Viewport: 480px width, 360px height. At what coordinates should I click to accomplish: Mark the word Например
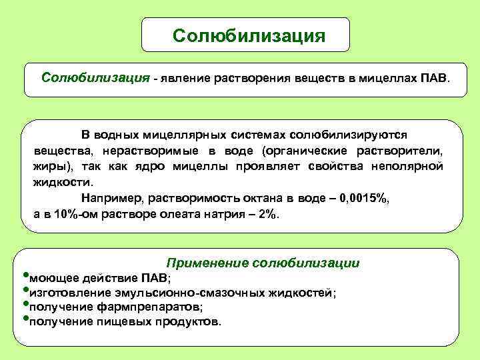tap(112, 198)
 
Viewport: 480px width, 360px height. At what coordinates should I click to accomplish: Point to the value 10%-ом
tap(77, 214)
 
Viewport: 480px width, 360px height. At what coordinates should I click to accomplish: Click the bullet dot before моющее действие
tap(25, 274)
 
